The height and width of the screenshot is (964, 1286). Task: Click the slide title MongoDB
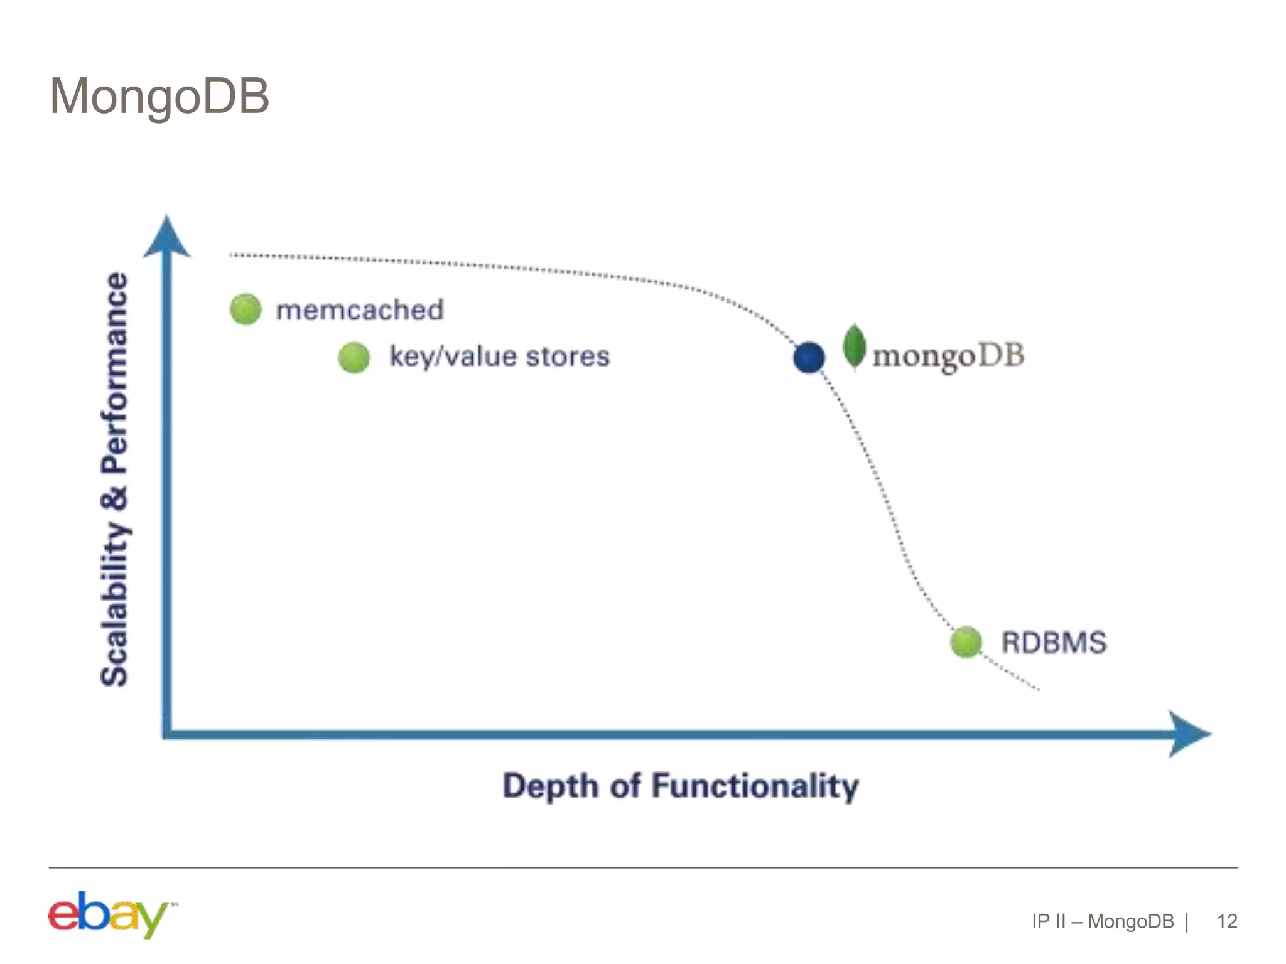click(x=159, y=97)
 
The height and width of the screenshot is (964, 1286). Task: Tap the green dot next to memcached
click(x=246, y=309)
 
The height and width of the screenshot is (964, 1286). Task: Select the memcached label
click(x=360, y=310)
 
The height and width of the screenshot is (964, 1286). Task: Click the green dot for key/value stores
click(x=354, y=358)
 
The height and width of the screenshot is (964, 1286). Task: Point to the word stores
click(x=568, y=356)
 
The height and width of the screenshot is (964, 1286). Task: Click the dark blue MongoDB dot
click(x=809, y=358)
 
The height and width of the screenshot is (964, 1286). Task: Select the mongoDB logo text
click(x=948, y=356)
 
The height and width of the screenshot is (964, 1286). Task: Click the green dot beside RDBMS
click(x=966, y=642)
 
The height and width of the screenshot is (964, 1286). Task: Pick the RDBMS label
click(x=1054, y=643)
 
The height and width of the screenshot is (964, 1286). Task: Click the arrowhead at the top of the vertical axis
click(x=166, y=237)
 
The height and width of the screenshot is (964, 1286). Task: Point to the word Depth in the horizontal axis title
click(x=550, y=786)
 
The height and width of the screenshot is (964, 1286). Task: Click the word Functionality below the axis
click(x=755, y=786)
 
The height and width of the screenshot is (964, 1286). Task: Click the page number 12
click(x=1226, y=921)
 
